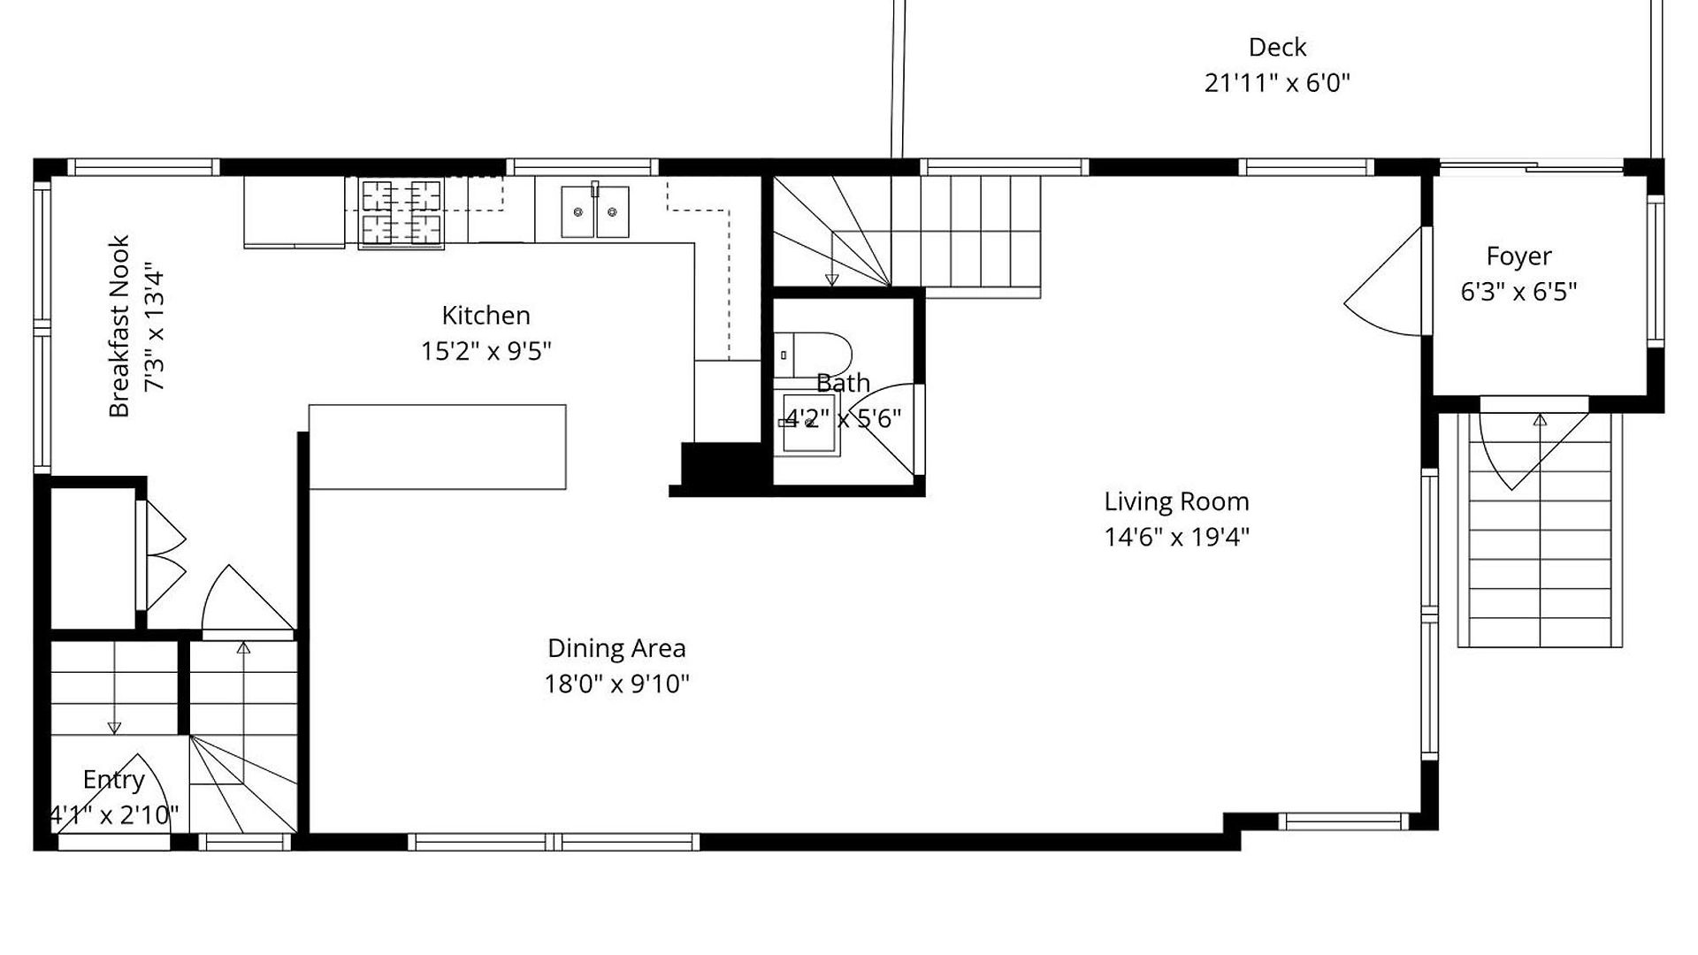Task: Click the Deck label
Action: pos(1277,47)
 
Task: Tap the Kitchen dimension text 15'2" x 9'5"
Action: pos(486,351)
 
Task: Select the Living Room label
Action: pos(1176,501)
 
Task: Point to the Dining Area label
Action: pos(616,648)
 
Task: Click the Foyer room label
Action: pos(1518,256)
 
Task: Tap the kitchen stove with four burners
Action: pos(401,213)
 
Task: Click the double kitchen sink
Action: pos(595,211)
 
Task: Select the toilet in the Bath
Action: pos(812,355)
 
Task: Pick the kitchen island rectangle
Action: pos(438,447)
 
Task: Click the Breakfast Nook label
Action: pos(119,326)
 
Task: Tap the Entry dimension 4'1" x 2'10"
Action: pos(113,814)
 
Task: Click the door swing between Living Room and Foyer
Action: pos(1385,282)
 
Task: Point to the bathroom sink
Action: pos(808,424)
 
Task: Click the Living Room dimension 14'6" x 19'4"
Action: pos(1176,537)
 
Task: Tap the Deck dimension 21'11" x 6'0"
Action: pos(1277,83)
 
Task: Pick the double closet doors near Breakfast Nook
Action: pos(165,555)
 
